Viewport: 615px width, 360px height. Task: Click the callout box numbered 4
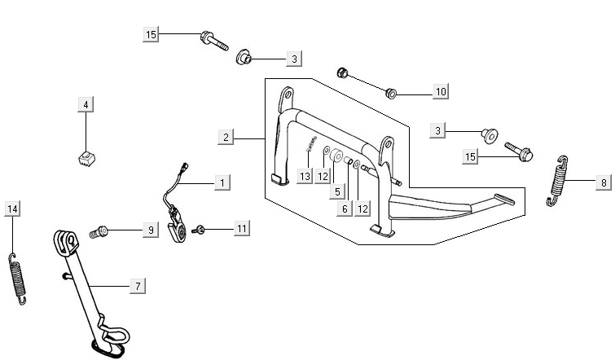tap(86, 104)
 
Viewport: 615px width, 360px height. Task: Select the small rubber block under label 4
tap(86, 156)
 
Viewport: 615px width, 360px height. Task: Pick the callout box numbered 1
tap(220, 182)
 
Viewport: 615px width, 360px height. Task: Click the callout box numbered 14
tap(11, 209)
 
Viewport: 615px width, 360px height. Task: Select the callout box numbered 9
tap(150, 230)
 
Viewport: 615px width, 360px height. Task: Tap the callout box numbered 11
tap(242, 229)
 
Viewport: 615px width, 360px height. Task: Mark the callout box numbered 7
tap(138, 286)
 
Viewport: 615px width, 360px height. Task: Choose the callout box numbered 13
tap(305, 177)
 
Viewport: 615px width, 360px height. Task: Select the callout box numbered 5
tap(336, 193)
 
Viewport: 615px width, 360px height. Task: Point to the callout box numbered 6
tap(345, 209)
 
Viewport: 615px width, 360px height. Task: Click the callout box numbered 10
tap(440, 92)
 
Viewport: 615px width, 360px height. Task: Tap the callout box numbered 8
tap(604, 182)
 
